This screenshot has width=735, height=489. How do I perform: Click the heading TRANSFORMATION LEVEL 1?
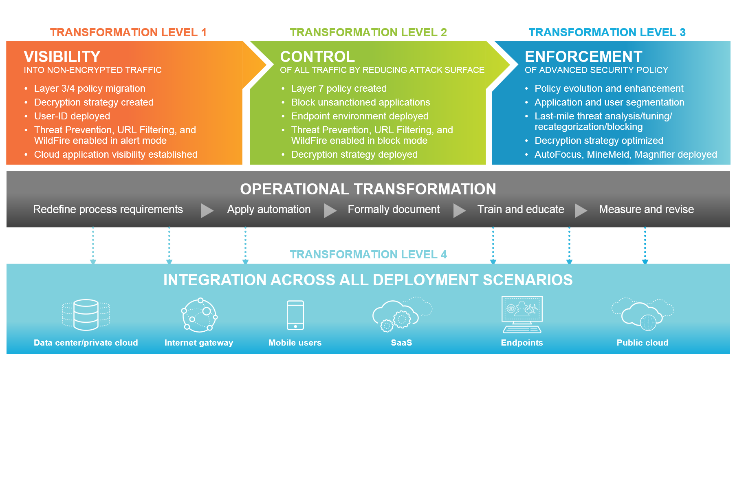click(x=128, y=32)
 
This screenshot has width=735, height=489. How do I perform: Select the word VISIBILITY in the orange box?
click(x=62, y=57)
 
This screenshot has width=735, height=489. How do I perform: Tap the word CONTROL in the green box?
click(x=317, y=57)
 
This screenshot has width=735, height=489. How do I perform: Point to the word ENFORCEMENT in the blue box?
click(x=583, y=57)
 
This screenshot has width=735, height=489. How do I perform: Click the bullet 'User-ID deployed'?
click(x=72, y=116)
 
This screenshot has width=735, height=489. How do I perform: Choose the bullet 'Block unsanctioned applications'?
click(x=360, y=102)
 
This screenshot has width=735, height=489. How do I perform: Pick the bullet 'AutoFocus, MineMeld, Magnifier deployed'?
click(x=625, y=154)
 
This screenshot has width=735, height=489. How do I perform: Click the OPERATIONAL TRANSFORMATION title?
click(x=368, y=189)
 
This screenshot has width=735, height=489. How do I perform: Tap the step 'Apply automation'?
click(x=269, y=209)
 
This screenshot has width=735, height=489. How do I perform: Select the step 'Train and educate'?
click(x=521, y=209)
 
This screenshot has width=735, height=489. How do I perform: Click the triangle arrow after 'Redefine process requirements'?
click(x=207, y=210)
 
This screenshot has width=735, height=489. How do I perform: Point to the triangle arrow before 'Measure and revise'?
click(x=581, y=210)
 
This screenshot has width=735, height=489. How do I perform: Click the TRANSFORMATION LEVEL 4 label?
click(x=368, y=254)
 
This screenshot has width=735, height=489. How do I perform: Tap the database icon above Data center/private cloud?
click(x=86, y=315)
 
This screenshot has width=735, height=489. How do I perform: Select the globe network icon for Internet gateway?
click(x=199, y=315)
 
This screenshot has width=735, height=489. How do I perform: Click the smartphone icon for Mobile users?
click(x=295, y=315)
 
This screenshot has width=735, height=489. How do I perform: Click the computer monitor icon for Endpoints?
click(x=522, y=314)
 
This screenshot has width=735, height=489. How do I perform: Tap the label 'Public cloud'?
click(x=643, y=343)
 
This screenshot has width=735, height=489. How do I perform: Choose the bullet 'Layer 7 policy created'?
click(x=339, y=88)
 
